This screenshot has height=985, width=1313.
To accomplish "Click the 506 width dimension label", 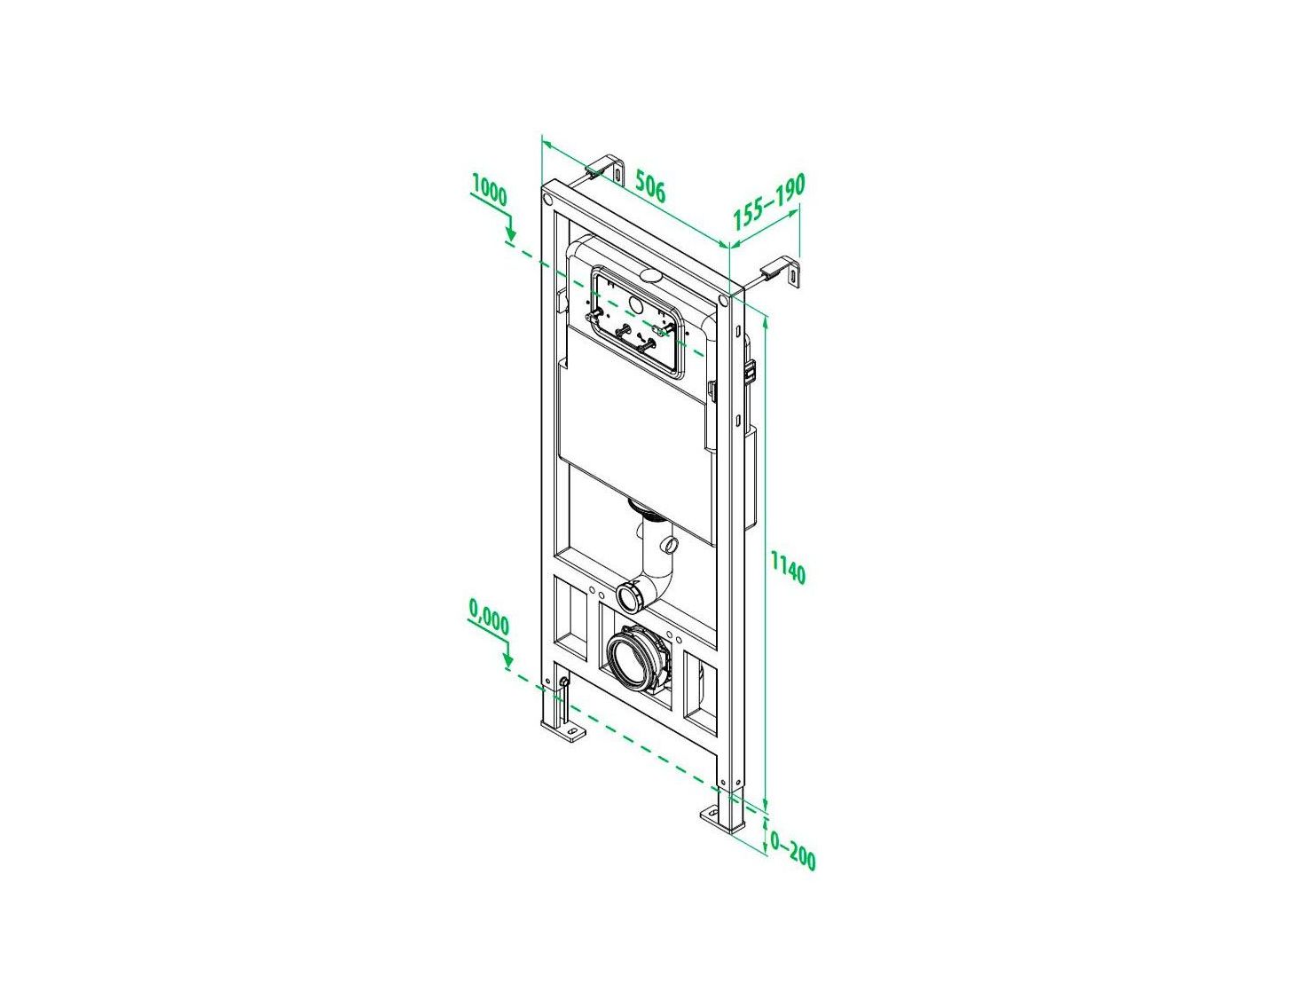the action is (649, 186).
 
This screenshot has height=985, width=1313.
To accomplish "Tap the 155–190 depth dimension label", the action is (770, 201).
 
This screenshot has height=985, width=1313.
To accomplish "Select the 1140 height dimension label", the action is (788, 568).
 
